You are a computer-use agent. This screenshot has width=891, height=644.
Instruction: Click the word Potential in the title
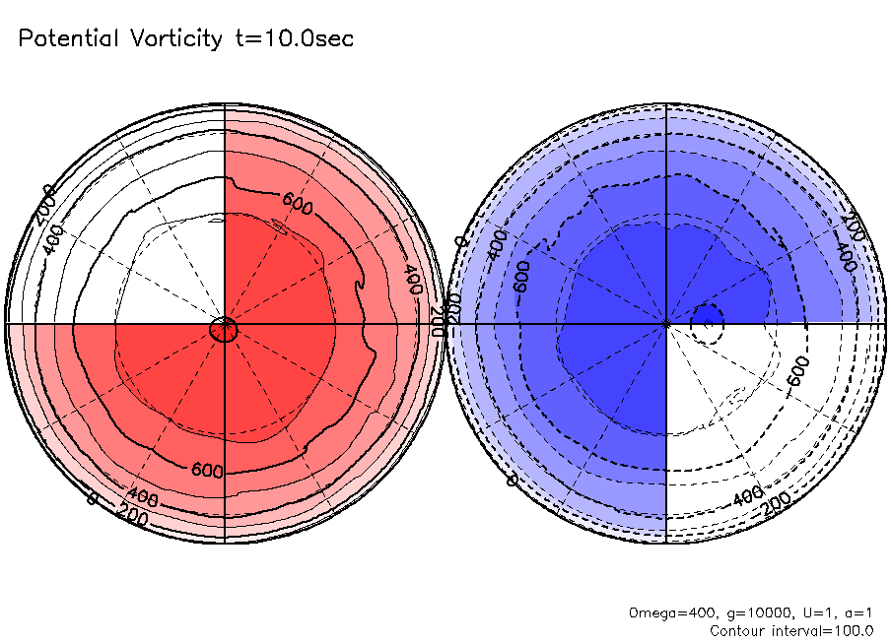coord(68,39)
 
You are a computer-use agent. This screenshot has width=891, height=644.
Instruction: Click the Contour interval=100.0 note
coord(791,630)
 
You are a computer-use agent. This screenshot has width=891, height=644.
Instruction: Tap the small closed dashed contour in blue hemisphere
coord(707,321)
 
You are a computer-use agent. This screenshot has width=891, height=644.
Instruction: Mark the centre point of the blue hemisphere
coord(667,322)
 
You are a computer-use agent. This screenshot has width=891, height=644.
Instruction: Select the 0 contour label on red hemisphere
coord(93,499)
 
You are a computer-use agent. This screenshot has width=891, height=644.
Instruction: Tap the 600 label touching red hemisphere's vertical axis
coord(207,471)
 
